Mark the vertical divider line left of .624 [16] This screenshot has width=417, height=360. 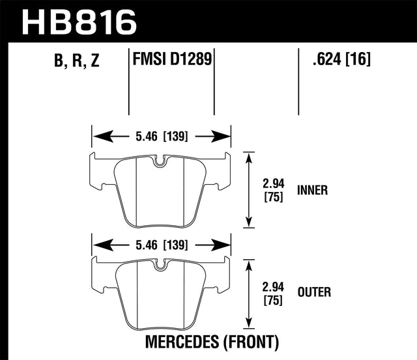pyautogui.click(x=298, y=81)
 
